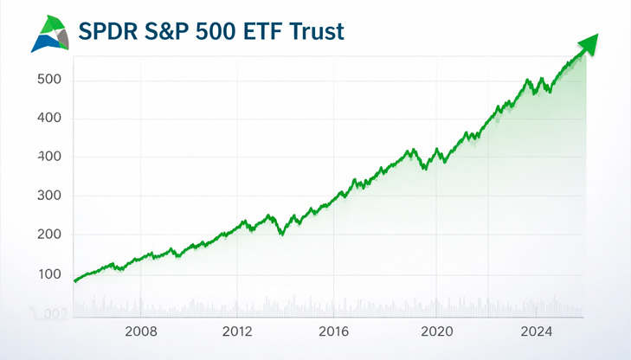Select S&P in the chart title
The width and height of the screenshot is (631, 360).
(181, 32)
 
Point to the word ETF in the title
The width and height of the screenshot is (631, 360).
(287, 32)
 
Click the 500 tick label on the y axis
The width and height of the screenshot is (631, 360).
(49, 80)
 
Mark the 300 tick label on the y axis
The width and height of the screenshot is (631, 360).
(49, 196)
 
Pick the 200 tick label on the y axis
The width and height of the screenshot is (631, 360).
(49, 235)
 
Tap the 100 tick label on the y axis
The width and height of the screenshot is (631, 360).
(49, 274)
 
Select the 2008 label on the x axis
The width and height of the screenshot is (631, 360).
(140, 331)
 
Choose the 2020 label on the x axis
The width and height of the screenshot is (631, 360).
(437, 331)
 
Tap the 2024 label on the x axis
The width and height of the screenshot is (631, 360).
(538, 331)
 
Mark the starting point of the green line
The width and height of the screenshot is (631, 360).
(75, 280)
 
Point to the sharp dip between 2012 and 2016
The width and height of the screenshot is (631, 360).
(280, 233)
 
